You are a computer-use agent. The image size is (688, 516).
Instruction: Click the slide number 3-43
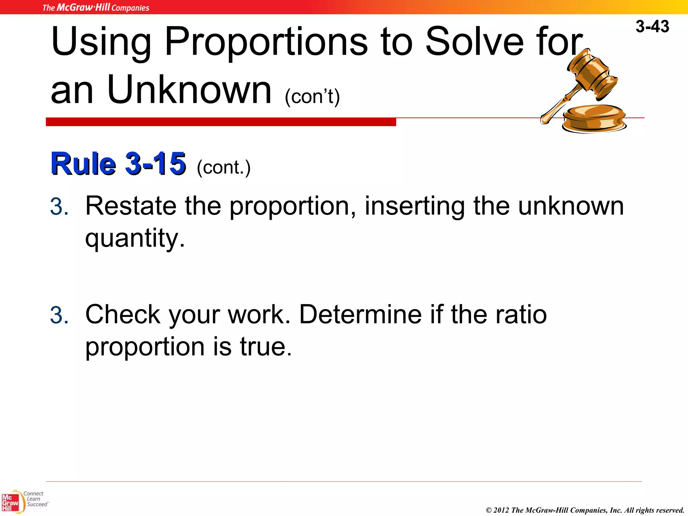pyautogui.click(x=652, y=27)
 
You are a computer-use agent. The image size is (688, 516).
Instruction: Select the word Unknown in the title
pyautogui.click(x=189, y=90)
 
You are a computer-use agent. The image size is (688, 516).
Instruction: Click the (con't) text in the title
pyautogui.click(x=312, y=97)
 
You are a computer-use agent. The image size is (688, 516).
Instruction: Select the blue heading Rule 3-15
pyautogui.click(x=118, y=164)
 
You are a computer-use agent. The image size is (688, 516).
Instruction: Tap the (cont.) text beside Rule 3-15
pyautogui.click(x=224, y=167)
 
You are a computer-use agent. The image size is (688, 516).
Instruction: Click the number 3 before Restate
pyautogui.click(x=59, y=207)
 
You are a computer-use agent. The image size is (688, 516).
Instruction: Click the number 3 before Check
pyautogui.click(x=59, y=315)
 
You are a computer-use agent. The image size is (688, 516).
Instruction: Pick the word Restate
pyautogui.click(x=131, y=206)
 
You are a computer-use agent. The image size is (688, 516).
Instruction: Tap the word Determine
pyautogui.click(x=360, y=314)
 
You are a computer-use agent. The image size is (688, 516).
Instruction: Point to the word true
pyautogui.click(x=265, y=347)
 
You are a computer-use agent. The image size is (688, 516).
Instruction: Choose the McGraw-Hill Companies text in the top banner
pyautogui.click(x=96, y=7)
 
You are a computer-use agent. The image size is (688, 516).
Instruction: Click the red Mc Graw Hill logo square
pyautogui.click(x=11, y=503)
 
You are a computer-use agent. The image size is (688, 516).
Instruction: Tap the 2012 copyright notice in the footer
pyautogui.click(x=585, y=510)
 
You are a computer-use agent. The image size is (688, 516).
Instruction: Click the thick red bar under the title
pyautogui.click(x=221, y=122)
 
